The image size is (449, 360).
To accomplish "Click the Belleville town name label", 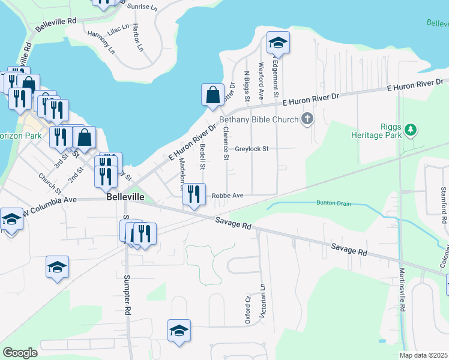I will pos(127,197).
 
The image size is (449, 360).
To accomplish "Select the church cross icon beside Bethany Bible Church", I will pos(307,119).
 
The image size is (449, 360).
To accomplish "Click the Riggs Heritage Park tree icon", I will pos(411,129).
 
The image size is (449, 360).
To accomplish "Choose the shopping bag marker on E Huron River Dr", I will pos(213,95).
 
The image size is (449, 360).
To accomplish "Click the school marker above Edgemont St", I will pos(278,43).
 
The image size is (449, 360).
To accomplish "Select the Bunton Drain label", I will pos(333,203).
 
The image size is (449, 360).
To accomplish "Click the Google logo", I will pos(20,352).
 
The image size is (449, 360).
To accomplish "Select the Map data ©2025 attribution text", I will pos(423,355).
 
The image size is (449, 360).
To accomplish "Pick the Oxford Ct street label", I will pos(247,310).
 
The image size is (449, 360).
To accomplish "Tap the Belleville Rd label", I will pos(56,25).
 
